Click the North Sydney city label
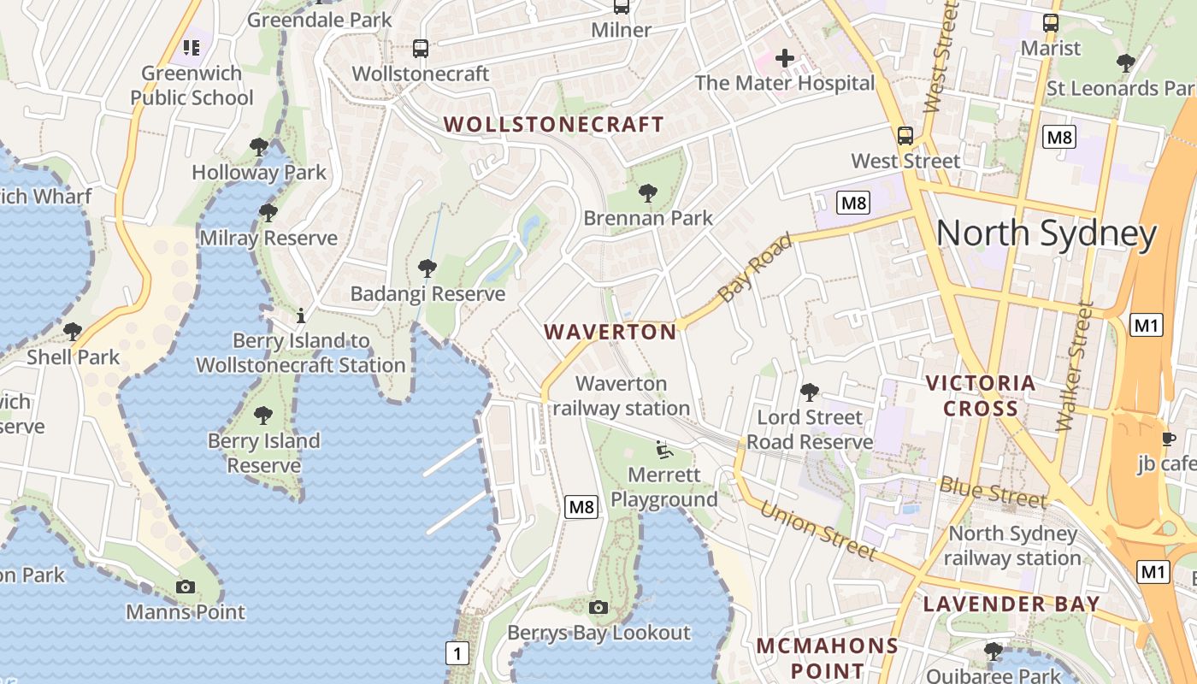[x=1047, y=233]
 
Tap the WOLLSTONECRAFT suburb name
[x=554, y=124]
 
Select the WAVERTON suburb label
[x=610, y=332]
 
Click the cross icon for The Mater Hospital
[x=784, y=58]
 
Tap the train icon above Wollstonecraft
[x=420, y=49]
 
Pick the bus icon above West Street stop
[x=905, y=136]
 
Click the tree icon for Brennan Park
[x=648, y=193]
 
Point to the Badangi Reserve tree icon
[x=427, y=268]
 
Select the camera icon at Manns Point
[x=186, y=587]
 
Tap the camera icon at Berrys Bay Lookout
[x=598, y=607]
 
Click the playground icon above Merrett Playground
[x=663, y=448]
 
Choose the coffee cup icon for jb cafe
[x=1168, y=439]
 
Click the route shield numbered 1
[x=457, y=654]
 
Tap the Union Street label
[x=817, y=531]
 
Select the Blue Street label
[x=993, y=492]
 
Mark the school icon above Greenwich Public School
[x=191, y=47]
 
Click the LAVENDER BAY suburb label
[x=1011, y=604]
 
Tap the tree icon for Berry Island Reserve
[x=263, y=416]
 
